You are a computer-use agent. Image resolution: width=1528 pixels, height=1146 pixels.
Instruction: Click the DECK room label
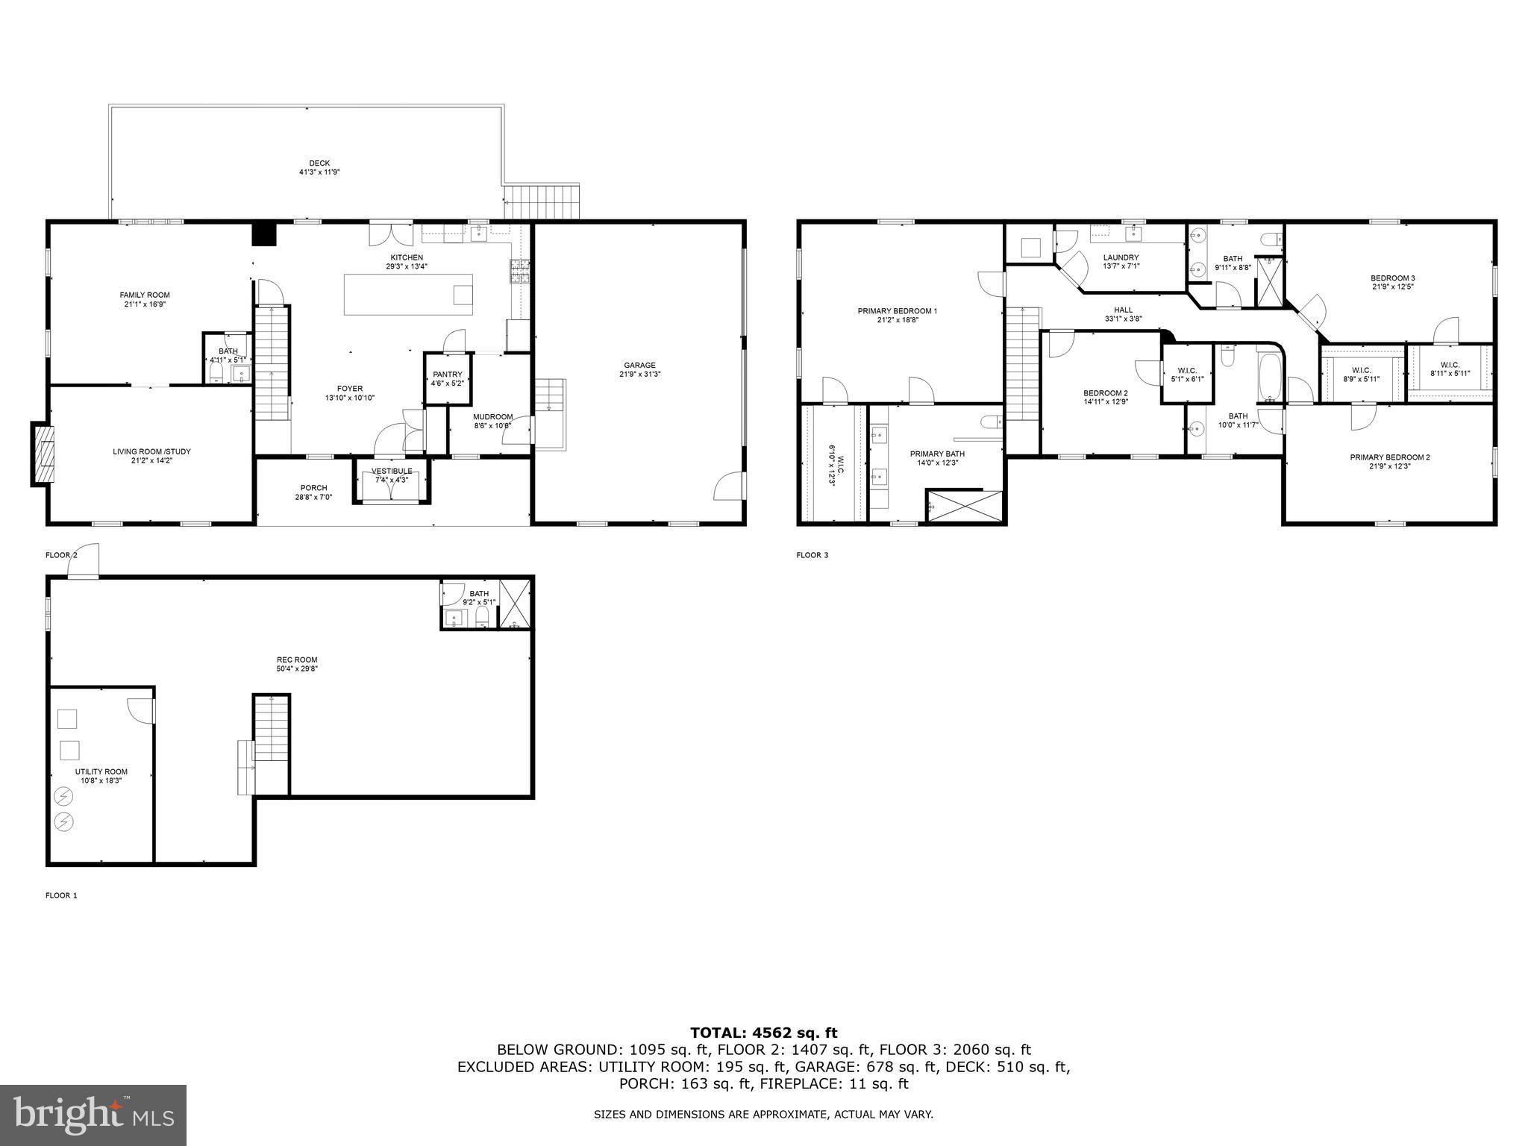(319, 163)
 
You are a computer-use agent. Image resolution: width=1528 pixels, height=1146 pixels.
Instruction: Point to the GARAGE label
(639, 366)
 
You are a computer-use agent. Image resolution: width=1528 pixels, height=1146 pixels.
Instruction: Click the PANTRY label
(448, 375)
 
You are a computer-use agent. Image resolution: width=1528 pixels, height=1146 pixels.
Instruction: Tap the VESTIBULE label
(392, 471)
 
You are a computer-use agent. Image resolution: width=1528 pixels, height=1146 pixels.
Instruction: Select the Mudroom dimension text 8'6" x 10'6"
(492, 426)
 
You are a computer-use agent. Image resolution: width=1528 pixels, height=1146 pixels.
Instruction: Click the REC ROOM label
(296, 660)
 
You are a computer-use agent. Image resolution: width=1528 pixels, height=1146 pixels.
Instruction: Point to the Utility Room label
(101, 771)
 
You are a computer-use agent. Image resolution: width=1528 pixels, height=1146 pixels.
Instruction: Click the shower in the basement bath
(513, 604)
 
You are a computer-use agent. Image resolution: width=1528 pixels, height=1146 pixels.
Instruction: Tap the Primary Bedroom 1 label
(897, 311)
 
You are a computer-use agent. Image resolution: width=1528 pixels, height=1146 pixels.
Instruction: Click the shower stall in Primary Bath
(964, 506)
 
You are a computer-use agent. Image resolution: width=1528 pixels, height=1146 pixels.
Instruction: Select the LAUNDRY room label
(1121, 257)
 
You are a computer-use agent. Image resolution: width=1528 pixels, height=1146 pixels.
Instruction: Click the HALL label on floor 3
(1123, 310)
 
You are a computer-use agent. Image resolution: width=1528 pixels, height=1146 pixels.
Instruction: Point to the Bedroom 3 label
(1392, 278)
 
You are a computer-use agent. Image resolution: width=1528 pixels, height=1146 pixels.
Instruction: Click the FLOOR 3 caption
(812, 555)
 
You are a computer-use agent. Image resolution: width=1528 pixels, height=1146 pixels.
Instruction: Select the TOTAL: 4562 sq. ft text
(763, 1033)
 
